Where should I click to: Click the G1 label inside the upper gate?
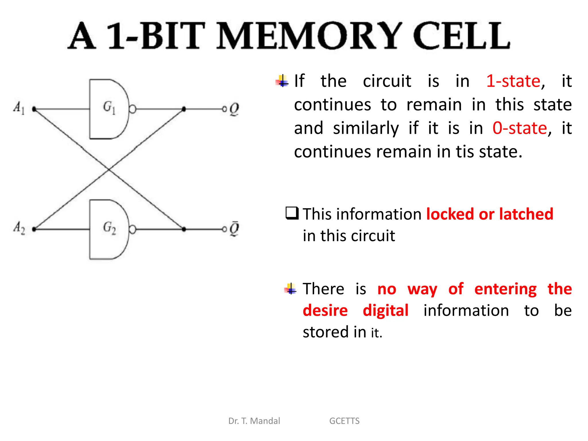(109, 107)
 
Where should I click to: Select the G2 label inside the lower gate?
(109, 228)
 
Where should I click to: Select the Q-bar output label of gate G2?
(234, 229)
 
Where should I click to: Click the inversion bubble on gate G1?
(132, 109)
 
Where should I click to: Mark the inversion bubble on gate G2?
(132, 229)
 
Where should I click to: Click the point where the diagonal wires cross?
(109, 169)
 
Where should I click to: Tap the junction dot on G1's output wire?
(184, 109)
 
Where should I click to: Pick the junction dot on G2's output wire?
(184, 229)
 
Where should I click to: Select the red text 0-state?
(520, 128)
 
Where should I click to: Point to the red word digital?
(386, 311)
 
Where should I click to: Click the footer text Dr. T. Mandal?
(254, 421)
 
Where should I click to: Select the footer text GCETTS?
(344, 421)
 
